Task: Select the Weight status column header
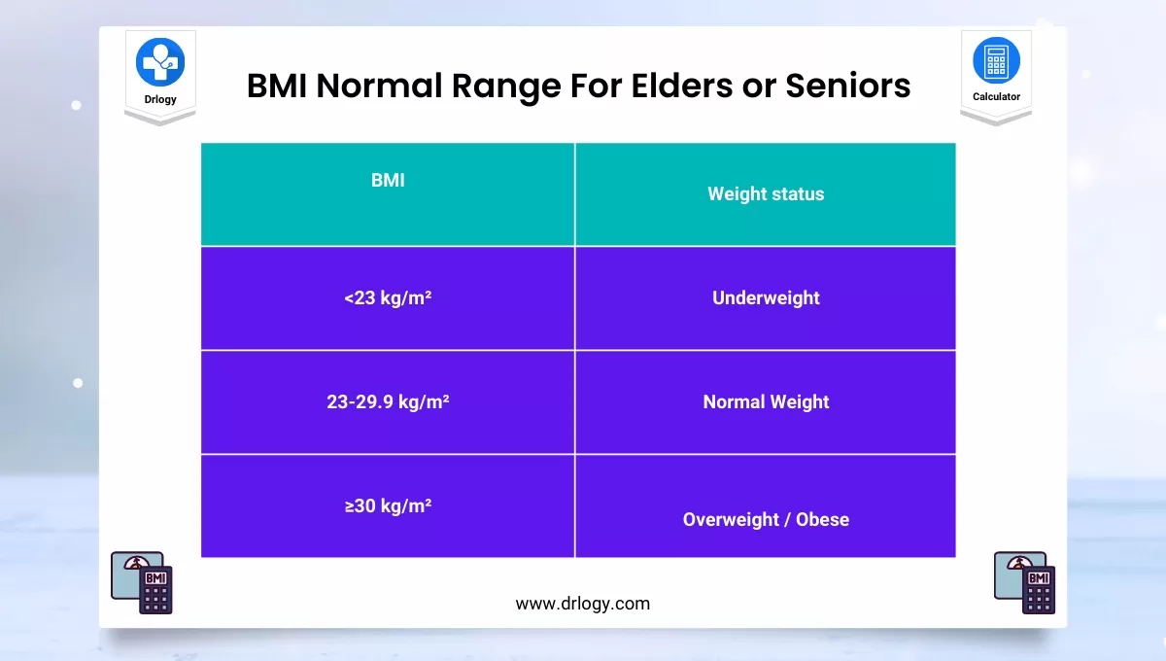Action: point(766,194)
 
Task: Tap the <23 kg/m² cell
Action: point(388,298)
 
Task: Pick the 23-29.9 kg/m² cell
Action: point(388,401)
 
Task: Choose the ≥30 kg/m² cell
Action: point(388,505)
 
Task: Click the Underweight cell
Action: point(766,298)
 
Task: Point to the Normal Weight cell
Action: point(766,401)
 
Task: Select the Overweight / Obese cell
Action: point(766,519)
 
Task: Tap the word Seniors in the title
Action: point(846,86)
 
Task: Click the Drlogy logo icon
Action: point(160,61)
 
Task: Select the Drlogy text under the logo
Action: point(160,100)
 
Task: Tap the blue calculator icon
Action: point(996,59)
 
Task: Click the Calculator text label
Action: point(996,97)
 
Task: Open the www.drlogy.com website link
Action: point(582,604)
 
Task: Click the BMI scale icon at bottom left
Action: point(142,582)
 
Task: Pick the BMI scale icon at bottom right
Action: point(1024,582)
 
